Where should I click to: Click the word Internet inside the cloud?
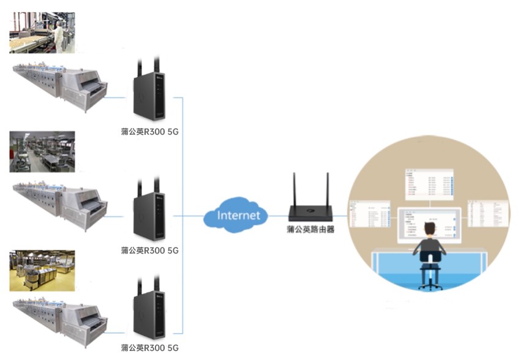click(239, 216)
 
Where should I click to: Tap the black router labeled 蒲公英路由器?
click(310, 212)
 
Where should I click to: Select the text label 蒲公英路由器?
click(310, 230)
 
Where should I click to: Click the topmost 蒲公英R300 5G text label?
click(150, 132)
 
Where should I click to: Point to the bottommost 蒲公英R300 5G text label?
click(150, 348)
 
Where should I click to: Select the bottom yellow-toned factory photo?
click(42, 270)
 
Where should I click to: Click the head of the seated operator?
click(430, 229)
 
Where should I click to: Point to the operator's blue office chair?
click(430, 273)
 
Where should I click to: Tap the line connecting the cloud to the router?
click(279, 216)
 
